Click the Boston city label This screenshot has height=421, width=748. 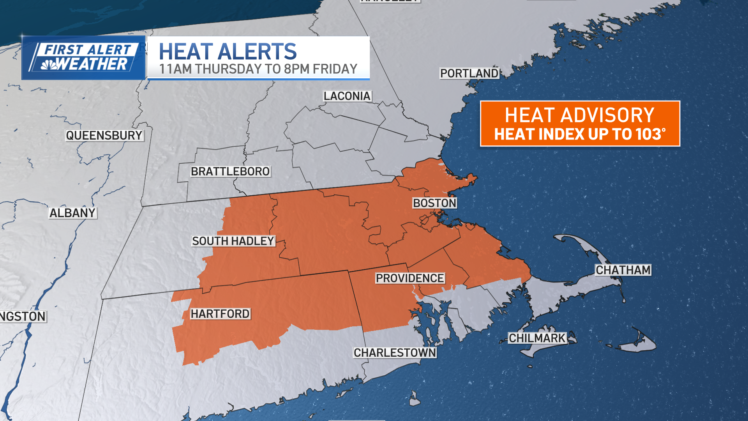point(434,203)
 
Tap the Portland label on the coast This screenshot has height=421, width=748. point(469,73)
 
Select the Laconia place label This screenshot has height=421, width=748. point(347,96)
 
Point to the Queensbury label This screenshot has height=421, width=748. point(104,135)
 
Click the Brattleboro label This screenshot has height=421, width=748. point(230,171)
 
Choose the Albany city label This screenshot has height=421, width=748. point(72,213)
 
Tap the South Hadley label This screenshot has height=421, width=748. point(233,241)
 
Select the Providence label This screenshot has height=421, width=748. point(410,278)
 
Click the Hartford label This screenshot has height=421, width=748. point(220,314)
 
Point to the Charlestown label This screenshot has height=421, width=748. point(395,352)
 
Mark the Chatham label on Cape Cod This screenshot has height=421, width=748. point(623,270)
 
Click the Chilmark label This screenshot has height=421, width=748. point(537,338)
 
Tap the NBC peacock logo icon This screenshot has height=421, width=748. point(49,65)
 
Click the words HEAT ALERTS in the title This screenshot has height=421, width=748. point(228,51)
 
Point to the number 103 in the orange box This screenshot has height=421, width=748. point(648,134)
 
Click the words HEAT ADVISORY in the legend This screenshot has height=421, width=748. point(579,115)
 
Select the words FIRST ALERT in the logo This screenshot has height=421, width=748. point(88,50)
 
